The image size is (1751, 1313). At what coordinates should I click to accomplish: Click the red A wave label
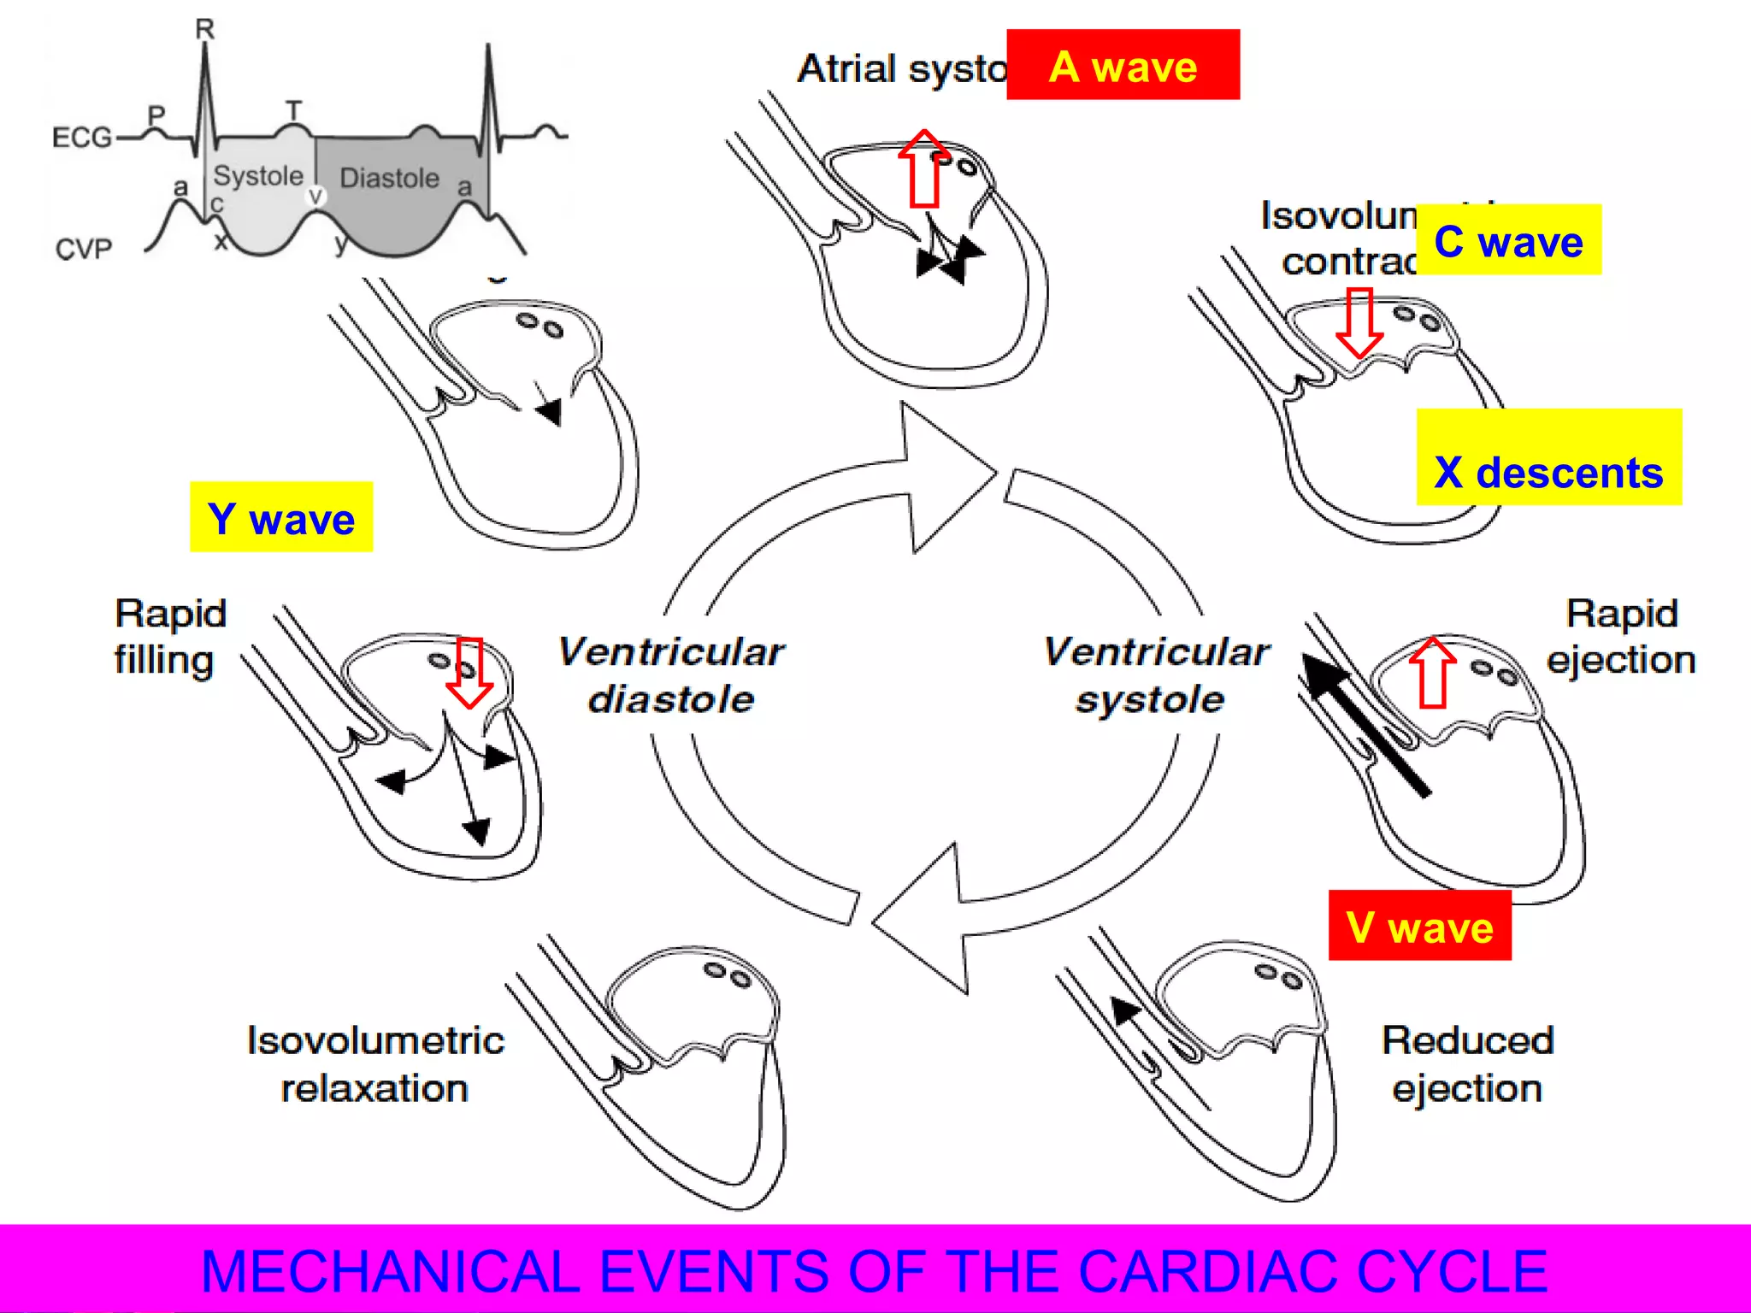point(1123,65)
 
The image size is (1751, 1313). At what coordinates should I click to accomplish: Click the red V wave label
point(1419,926)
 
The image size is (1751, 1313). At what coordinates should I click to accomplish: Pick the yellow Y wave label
point(281,517)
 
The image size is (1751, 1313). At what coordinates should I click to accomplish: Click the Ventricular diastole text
point(671,675)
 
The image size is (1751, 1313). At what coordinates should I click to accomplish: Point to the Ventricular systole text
point(1155,675)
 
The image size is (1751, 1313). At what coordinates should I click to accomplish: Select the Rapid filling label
point(169,637)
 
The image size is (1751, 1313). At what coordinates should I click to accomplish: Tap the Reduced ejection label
point(1467,1064)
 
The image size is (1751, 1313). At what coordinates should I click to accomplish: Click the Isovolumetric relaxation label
point(375,1064)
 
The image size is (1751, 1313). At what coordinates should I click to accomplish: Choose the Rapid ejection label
point(1621,637)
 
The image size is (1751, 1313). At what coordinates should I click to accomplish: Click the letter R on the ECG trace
point(205,29)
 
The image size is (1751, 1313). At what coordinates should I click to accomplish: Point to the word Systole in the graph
point(257,176)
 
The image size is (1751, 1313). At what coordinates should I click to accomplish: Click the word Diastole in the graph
point(389,178)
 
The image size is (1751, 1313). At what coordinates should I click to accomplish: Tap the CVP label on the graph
point(84,249)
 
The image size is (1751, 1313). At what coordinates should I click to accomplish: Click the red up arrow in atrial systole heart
point(924,169)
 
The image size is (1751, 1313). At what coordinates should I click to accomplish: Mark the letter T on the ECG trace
point(293,110)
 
